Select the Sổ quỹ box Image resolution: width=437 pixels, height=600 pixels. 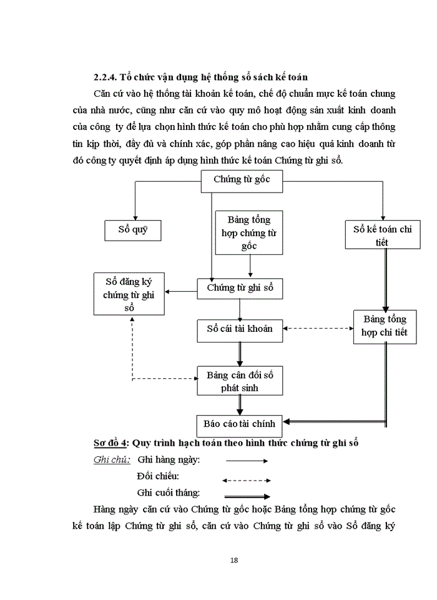[132, 230]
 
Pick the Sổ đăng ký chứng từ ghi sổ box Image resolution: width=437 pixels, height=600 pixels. [129, 294]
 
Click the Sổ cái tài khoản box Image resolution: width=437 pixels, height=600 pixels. [240, 329]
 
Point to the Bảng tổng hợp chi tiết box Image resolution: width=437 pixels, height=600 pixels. [384, 326]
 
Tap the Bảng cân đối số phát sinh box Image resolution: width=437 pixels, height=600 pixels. [240, 381]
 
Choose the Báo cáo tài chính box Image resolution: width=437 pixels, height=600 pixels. [240, 425]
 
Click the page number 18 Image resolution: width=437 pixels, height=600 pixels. [234, 559]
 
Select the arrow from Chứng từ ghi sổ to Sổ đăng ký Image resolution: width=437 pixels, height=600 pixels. [182, 291]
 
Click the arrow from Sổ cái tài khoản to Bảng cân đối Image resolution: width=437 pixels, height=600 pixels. [240, 354]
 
